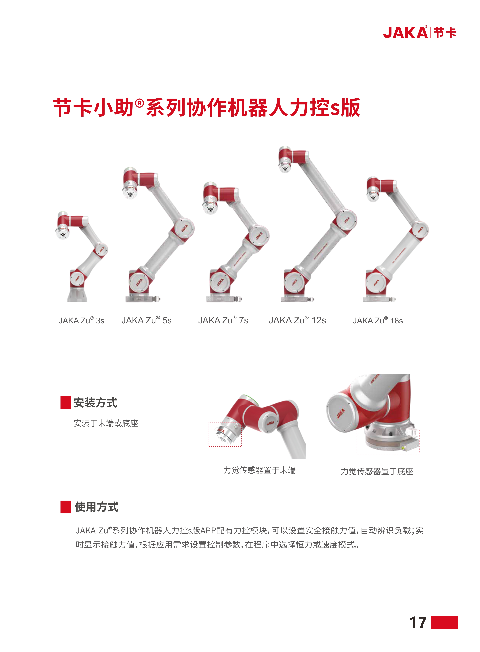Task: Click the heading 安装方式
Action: (x=95, y=403)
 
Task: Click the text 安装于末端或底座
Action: (x=106, y=423)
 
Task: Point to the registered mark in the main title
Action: (x=140, y=103)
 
